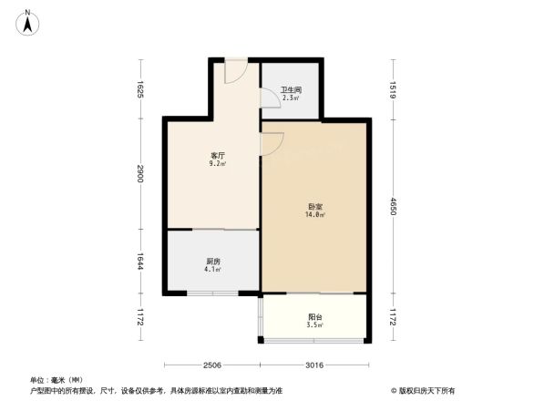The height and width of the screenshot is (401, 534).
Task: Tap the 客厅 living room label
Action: (x=218, y=156)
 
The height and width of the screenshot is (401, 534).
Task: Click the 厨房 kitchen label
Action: (x=212, y=262)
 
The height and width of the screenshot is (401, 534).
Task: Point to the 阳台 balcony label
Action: (x=314, y=316)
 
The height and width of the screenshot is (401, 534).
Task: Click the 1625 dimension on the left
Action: (x=140, y=88)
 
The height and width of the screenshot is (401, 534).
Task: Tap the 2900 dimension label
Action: (x=140, y=173)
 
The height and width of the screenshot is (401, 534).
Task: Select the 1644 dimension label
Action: (x=140, y=262)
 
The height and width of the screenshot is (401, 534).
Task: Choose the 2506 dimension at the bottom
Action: (x=212, y=365)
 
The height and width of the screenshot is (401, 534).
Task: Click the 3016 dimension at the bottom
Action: (x=313, y=365)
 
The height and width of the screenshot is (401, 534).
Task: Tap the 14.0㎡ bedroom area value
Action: (x=315, y=216)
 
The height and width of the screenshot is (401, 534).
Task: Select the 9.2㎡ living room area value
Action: (x=218, y=165)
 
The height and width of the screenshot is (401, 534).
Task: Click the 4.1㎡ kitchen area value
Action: (x=212, y=271)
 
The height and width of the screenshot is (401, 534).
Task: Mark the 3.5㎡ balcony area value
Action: (x=314, y=325)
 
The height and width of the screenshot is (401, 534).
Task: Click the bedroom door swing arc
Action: (x=272, y=143)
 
